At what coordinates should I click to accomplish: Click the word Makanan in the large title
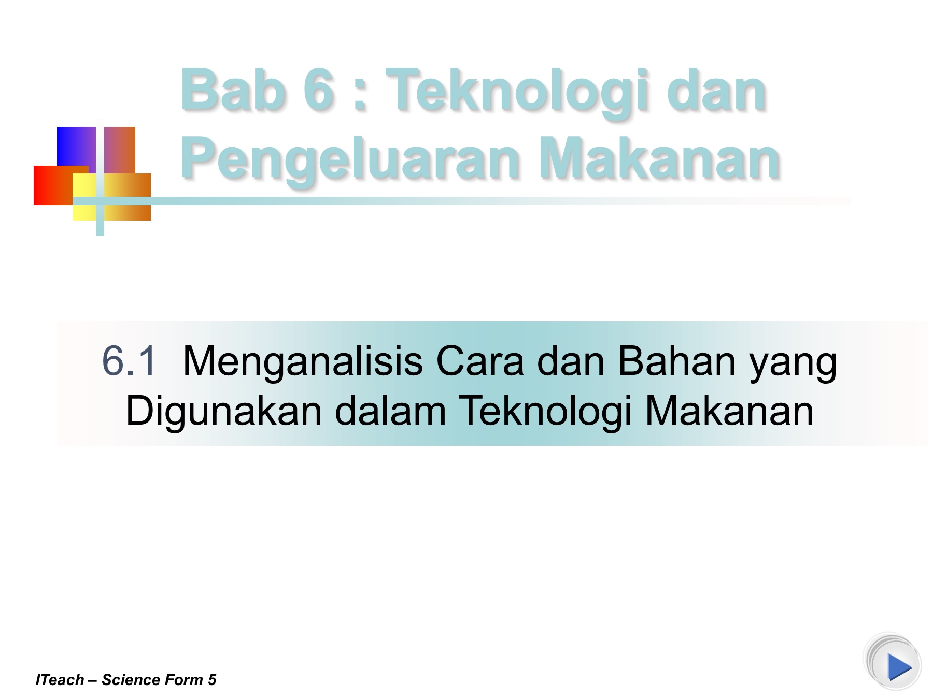tap(659, 157)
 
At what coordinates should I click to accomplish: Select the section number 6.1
tap(129, 361)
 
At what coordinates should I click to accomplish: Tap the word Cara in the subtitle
tap(480, 361)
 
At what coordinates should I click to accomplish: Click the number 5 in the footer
tap(212, 679)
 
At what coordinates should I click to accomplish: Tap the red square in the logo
tap(53, 185)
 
